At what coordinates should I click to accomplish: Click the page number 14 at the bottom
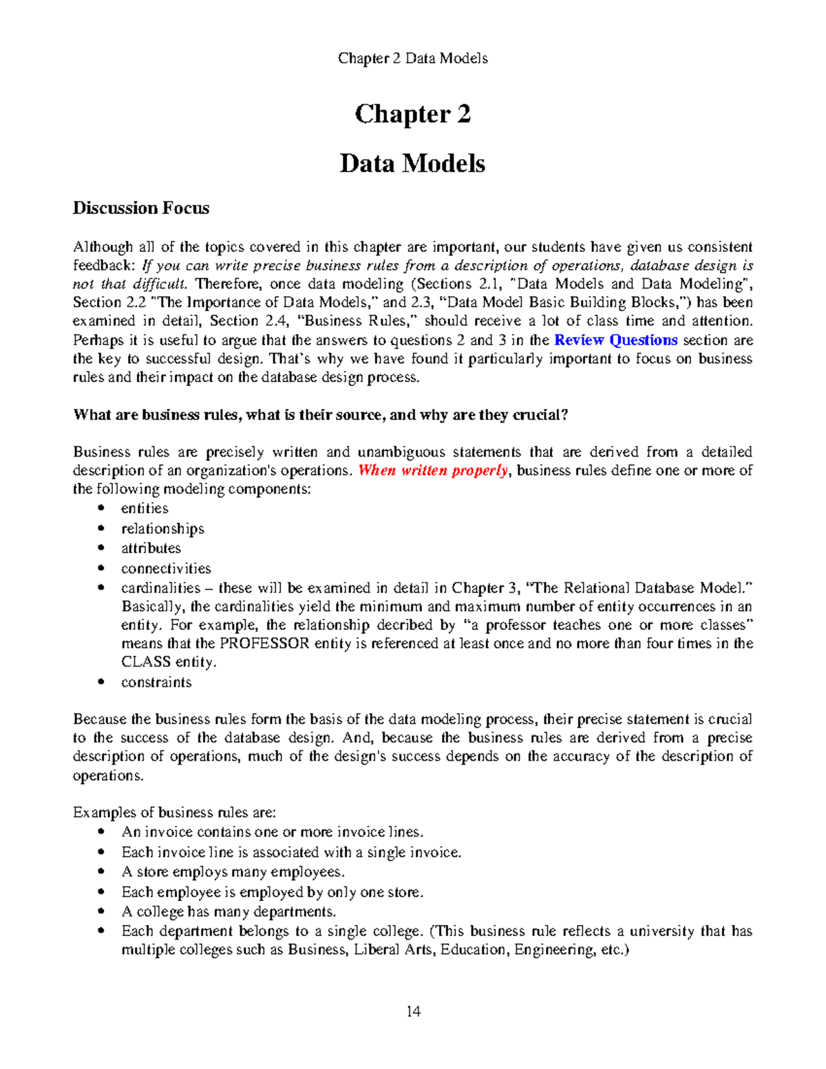coord(413,1011)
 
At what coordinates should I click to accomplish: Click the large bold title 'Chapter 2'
coord(412,114)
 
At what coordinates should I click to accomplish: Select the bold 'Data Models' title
coord(412,164)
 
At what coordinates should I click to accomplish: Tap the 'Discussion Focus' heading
coord(141,209)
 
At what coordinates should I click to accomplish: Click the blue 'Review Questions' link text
coord(616,340)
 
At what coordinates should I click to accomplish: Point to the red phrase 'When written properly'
coord(434,471)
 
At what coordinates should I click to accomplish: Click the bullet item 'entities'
coord(145,509)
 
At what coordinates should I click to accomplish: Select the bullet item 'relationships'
coord(162,529)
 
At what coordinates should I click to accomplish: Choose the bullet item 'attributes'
coord(151,549)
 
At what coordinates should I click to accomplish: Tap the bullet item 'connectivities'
coord(166,569)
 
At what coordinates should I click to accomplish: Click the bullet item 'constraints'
coord(156,683)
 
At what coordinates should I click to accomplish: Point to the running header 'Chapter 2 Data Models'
coord(412,59)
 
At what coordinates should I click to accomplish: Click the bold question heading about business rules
coord(320,415)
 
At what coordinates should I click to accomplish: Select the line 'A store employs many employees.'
coord(233,872)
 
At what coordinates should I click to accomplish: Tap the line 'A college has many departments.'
coord(229,912)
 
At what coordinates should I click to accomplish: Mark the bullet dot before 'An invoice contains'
coord(101,832)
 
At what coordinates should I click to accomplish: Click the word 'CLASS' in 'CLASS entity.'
coord(146,662)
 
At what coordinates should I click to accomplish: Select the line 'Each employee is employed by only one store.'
coord(272,892)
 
